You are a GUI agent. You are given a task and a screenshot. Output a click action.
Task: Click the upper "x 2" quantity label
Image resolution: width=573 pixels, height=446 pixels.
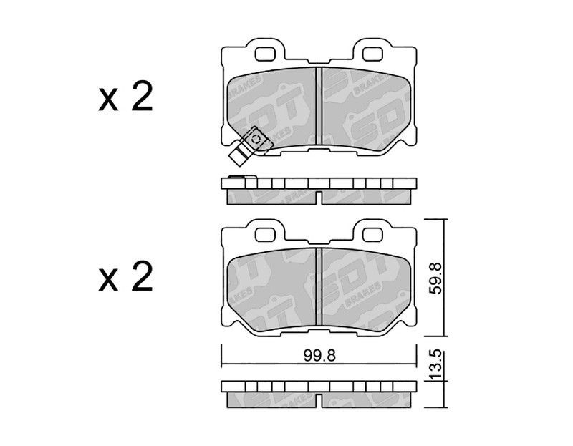pyautogui.click(x=126, y=100)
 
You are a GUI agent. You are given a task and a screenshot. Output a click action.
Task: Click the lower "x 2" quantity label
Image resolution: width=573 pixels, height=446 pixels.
pyautogui.click(x=126, y=277)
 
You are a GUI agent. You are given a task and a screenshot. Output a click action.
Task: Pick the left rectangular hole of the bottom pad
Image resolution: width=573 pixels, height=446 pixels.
pyautogui.click(x=269, y=233)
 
